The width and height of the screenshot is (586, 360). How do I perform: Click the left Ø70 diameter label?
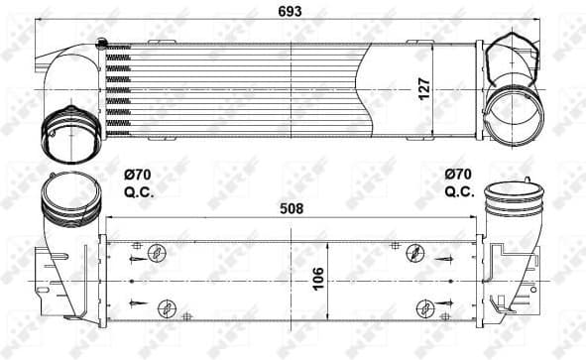click(x=137, y=177)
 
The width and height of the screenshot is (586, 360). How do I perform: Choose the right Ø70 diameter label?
click(x=458, y=177)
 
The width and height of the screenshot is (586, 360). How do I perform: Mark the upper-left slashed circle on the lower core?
click(x=155, y=254)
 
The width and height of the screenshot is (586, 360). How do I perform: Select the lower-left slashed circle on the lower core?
click(x=168, y=305)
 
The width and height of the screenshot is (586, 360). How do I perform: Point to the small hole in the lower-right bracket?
click(x=533, y=290)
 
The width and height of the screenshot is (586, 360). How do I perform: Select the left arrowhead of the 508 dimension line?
click(x=110, y=219)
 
